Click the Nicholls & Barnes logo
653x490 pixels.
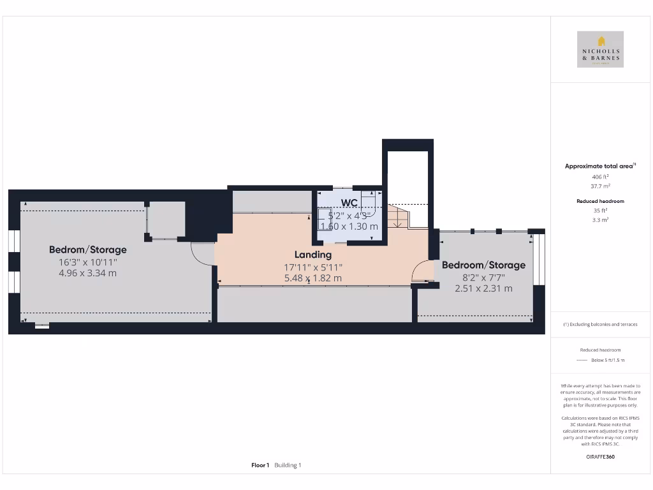(600, 49)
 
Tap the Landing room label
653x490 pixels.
(312, 255)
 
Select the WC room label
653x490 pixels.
(349, 202)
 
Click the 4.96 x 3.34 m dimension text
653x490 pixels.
(88, 273)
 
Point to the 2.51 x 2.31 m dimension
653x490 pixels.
(483, 288)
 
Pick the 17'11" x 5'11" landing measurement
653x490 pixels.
(312, 267)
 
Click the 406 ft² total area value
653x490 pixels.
(600, 177)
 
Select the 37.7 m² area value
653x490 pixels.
(600, 186)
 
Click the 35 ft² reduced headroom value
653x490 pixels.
(600, 210)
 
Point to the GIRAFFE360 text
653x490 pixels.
(600, 457)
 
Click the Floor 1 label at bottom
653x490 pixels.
(260, 465)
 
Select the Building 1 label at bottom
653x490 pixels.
(288, 465)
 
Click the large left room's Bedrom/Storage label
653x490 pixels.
(88, 249)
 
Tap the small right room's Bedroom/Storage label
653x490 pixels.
(483, 265)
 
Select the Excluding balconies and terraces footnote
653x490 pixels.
(600, 324)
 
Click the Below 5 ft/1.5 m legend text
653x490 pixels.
(608, 360)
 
